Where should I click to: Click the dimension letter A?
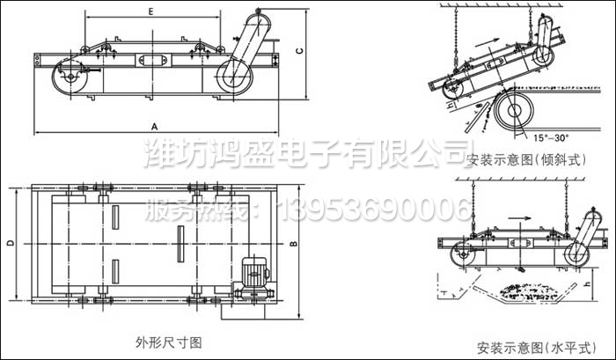pos(155,125)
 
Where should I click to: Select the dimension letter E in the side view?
pos(151,12)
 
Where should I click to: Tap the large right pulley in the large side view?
pos(235,76)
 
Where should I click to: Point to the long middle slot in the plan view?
pos(180,239)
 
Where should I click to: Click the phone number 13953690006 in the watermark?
pos(375,209)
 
